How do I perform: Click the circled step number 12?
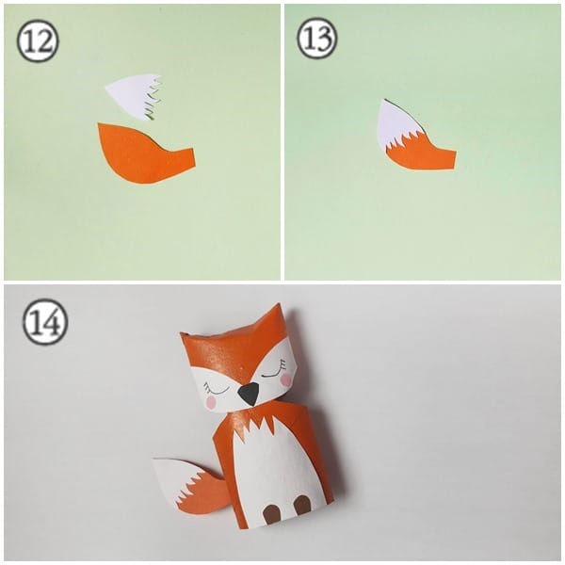pyautogui.click(x=38, y=42)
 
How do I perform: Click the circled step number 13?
pyautogui.click(x=317, y=40)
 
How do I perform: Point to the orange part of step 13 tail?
pyautogui.click(x=422, y=157)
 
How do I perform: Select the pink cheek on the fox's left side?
pyautogui.click(x=211, y=402)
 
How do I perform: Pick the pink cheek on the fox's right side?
pyautogui.click(x=285, y=379)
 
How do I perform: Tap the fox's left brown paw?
pyautogui.click(x=271, y=513)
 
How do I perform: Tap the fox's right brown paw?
pyautogui.click(x=301, y=505)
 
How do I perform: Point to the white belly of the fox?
pyautogui.click(x=273, y=466)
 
